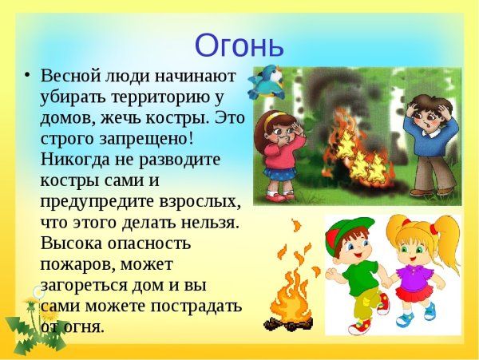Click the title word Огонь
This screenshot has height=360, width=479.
click(x=239, y=44)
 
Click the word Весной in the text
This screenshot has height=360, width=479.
click(x=73, y=77)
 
